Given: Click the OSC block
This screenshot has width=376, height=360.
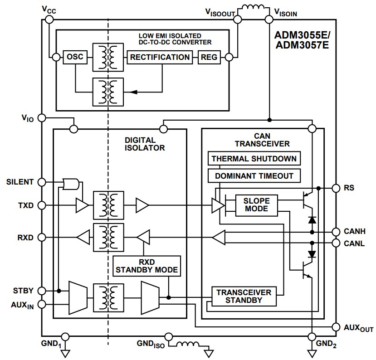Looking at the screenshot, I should click(x=75, y=57).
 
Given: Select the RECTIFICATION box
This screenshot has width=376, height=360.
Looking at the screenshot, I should click(x=160, y=57).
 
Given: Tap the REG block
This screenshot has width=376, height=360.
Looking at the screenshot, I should click(x=209, y=57).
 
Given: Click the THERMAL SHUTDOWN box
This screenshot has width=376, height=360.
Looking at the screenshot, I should click(x=254, y=158).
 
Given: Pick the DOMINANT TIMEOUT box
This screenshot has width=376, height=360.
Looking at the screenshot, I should click(x=254, y=175).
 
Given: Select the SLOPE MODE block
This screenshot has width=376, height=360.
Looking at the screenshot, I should click(x=256, y=204).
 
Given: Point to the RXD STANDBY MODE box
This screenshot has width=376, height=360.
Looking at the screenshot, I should click(x=146, y=266).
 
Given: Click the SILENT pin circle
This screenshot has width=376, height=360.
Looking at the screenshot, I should click(x=41, y=182).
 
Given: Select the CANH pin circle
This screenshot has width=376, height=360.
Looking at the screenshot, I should click(x=336, y=231).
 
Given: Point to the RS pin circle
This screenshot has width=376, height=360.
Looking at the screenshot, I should click(x=336, y=188).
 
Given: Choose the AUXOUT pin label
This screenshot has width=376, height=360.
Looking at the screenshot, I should click(x=357, y=327).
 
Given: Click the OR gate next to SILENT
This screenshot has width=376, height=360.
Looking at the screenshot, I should click(x=72, y=184).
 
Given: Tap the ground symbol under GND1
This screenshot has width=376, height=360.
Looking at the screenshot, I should click(x=66, y=352).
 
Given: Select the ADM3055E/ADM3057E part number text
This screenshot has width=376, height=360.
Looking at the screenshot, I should click(x=304, y=40).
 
